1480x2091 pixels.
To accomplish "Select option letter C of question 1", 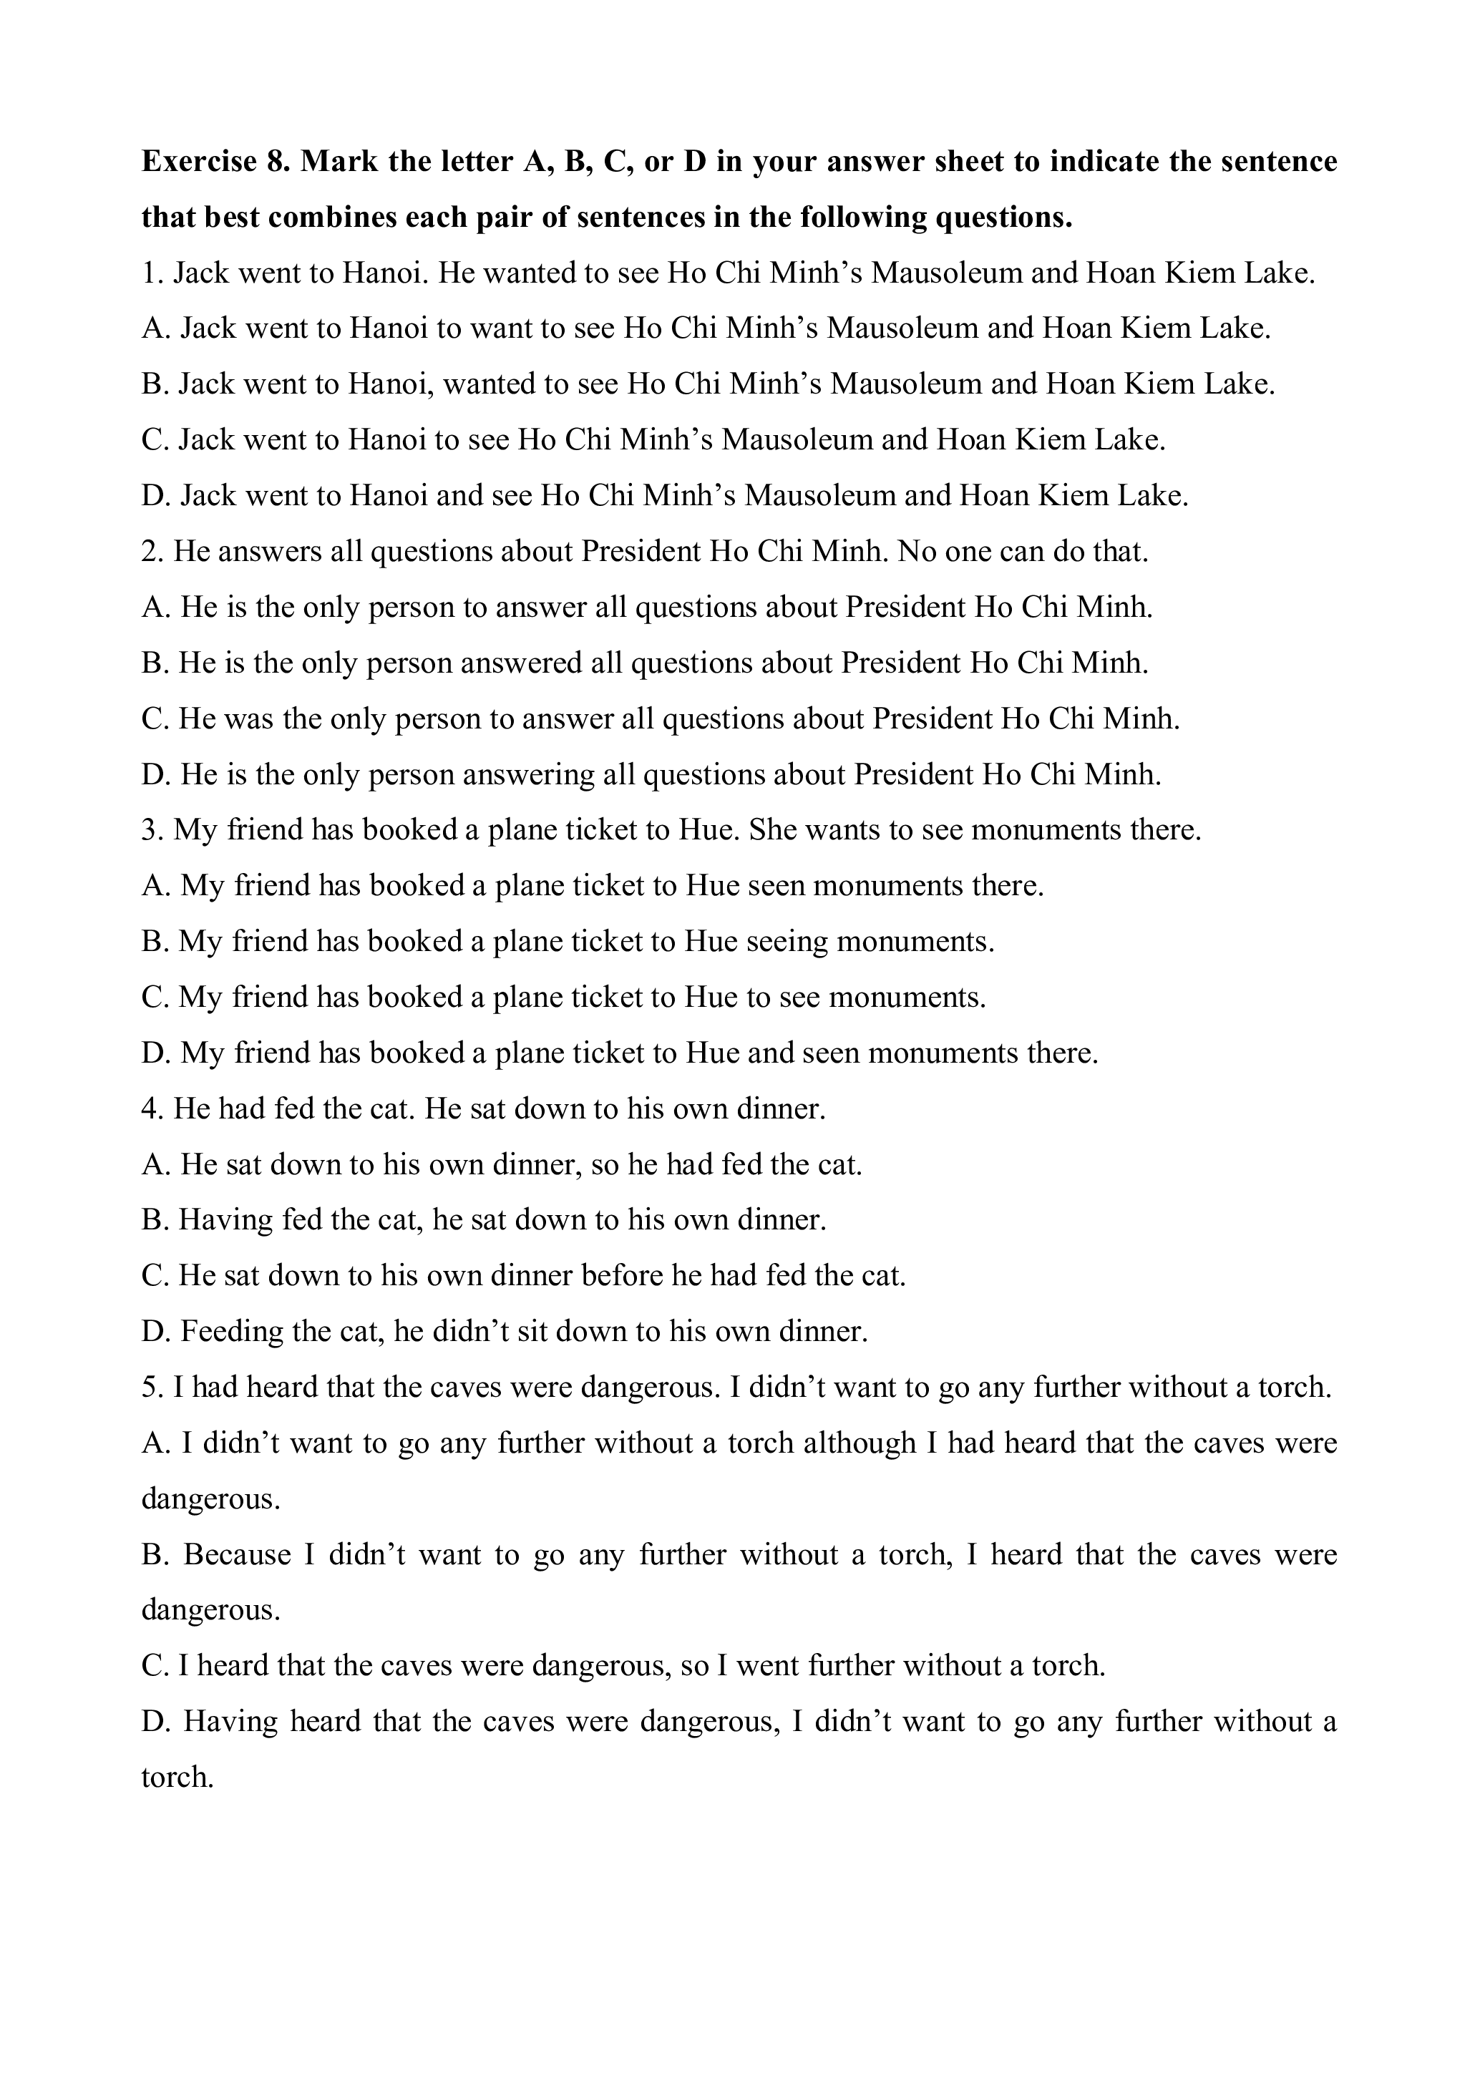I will [153, 440].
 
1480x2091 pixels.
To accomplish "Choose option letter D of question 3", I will [153, 1053].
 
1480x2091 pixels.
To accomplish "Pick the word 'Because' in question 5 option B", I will [237, 1554].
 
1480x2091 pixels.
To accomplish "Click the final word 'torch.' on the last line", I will [177, 1778].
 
